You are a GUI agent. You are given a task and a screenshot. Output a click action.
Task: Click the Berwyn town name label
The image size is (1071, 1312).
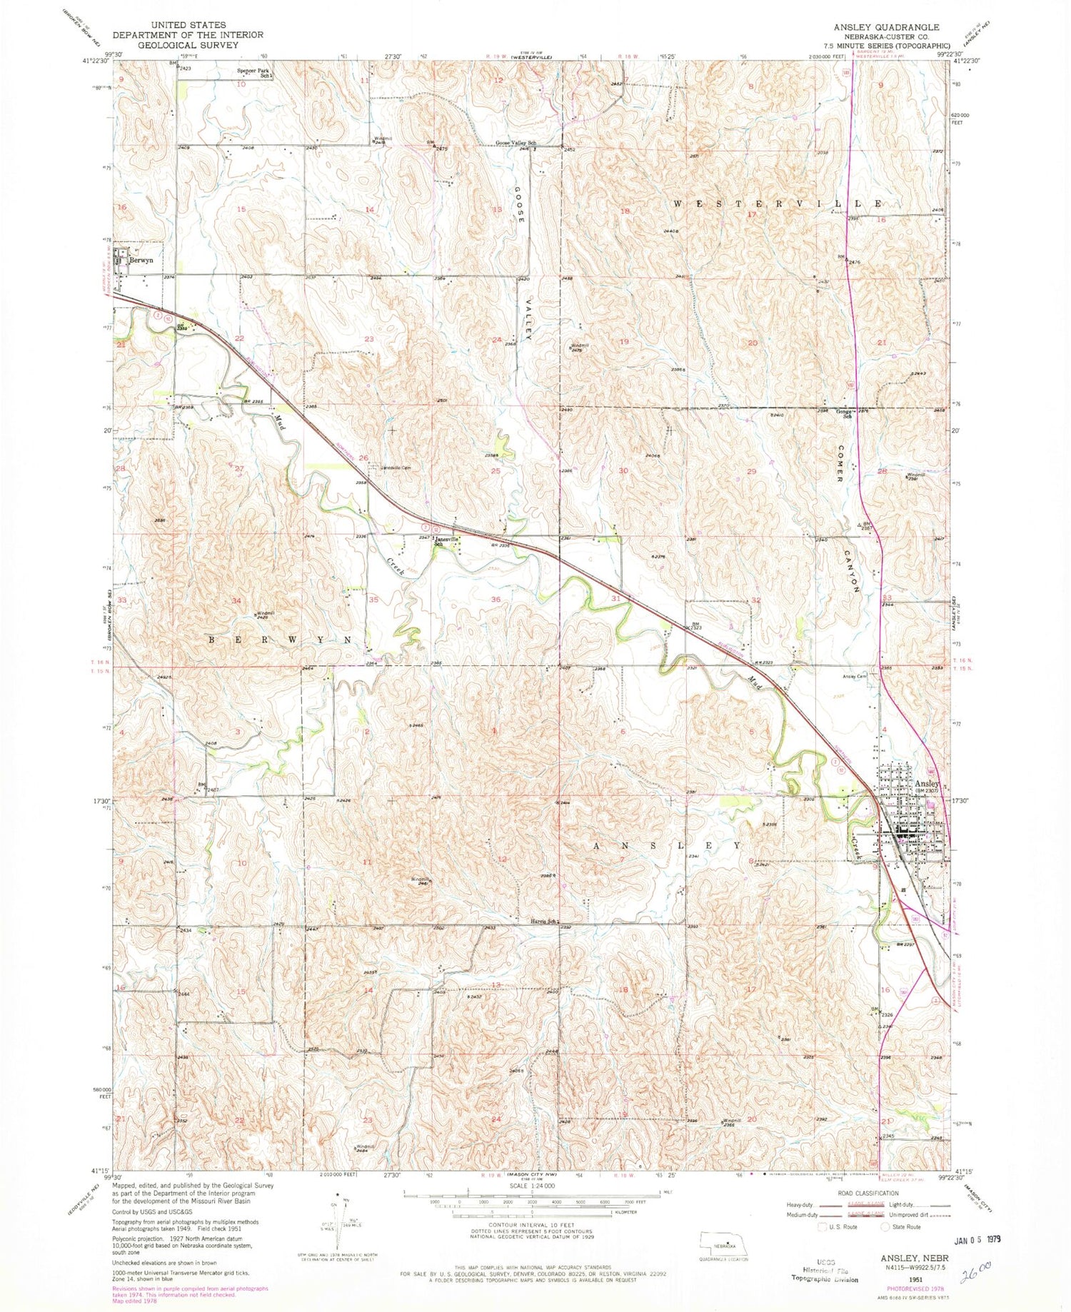[x=141, y=261]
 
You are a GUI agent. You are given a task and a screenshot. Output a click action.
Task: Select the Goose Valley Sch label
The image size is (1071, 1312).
[x=516, y=143]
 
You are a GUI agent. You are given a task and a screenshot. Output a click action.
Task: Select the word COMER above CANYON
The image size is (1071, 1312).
[x=841, y=465]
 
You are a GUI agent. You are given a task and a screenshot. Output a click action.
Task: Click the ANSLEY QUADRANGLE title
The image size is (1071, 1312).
[x=878, y=26]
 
